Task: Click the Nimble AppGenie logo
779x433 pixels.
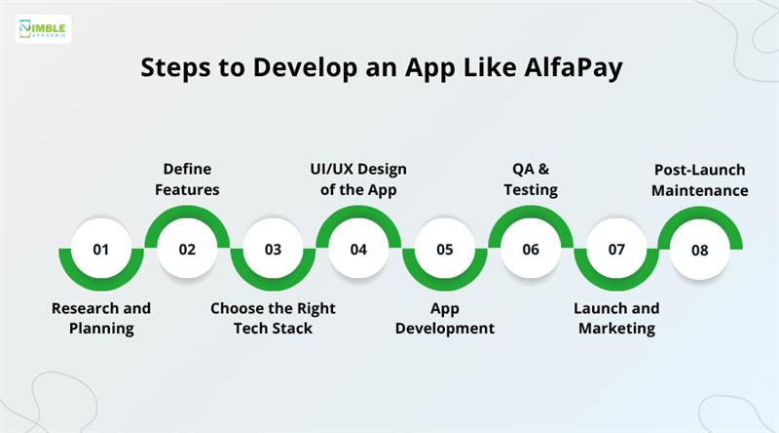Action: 43,28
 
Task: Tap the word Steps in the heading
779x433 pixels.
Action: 174,68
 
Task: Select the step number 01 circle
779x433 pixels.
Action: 101,249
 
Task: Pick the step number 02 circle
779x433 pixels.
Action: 187,249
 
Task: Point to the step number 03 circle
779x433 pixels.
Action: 273,249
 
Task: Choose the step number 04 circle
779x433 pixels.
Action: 358,249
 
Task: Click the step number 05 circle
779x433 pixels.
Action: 444,249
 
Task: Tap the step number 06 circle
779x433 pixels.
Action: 530,249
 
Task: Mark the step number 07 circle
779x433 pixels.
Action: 615,249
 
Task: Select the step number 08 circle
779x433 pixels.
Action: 700,250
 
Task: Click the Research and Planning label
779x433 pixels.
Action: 101,318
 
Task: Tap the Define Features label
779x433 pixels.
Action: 187,179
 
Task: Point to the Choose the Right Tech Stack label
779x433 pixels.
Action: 273,318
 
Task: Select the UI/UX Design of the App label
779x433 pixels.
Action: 358,179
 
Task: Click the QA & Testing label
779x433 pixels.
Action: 530,179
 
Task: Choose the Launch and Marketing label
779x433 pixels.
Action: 616,318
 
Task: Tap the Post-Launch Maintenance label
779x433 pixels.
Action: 700,179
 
